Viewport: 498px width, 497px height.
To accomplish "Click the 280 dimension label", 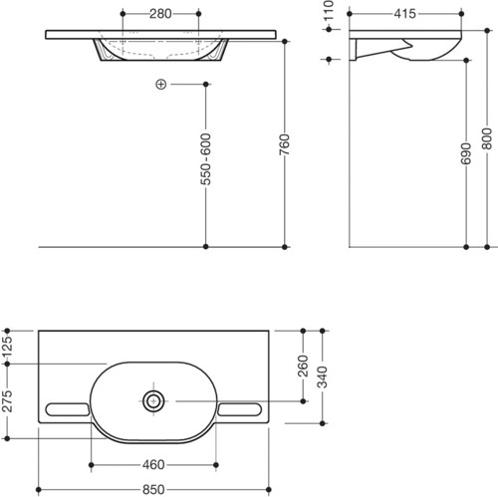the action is point(160,14).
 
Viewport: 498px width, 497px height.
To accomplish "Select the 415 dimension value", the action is point(404,14).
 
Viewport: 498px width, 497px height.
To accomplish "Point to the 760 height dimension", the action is point(285,144).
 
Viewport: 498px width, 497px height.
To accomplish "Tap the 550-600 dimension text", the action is point(205,159).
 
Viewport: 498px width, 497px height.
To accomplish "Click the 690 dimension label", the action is point(466,153).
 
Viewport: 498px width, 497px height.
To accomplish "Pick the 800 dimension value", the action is point(487,138).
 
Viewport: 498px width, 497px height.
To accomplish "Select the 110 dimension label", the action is point(329,10).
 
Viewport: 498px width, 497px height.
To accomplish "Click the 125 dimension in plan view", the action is point(7,347).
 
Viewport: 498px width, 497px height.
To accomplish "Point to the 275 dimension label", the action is point(7,401).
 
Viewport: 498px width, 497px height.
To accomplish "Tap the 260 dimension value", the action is point(303,366).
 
